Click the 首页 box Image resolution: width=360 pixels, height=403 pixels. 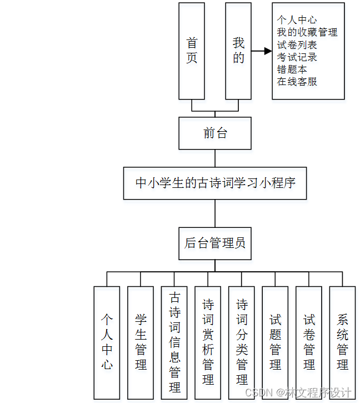[192, 51]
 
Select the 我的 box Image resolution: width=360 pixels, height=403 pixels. [238, 51]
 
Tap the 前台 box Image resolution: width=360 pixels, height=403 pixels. [215, 133]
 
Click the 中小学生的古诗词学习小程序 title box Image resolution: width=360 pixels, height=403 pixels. [215, 182]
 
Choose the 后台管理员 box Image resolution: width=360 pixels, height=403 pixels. [215, 243]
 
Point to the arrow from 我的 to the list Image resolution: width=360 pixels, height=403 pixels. [261, 51]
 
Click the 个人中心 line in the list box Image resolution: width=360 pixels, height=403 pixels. [297, 20]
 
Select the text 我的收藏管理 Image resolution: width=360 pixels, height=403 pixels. [307, 32]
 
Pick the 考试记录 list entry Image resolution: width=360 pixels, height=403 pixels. [297, 57]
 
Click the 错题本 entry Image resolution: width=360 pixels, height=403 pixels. [292, 69]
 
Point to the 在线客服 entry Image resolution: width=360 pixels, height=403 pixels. [297, 81]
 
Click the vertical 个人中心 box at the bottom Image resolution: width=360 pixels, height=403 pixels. [107, 342]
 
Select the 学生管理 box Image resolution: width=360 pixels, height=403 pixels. [141, 342]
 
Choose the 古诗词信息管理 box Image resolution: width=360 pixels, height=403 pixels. [174, 342]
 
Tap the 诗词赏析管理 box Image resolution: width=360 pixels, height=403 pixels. [208, 342]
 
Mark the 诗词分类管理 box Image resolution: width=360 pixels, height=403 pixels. [242, 342]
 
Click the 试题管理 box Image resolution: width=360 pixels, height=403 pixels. [276, 342]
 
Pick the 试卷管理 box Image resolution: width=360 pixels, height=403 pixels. [309, 342]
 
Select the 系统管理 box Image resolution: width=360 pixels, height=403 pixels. [343, 342]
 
